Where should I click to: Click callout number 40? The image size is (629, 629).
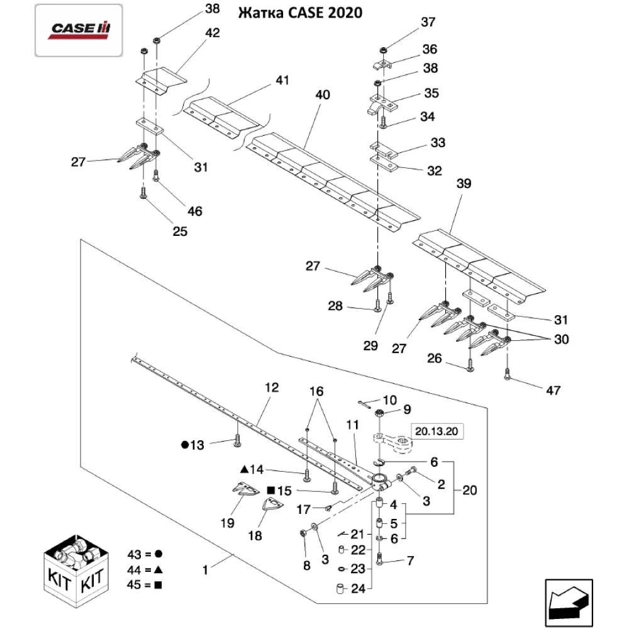tap(322, 95)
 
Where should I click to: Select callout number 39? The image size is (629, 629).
tap(464, 184)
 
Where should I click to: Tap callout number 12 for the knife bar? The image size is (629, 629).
tap(271, 388)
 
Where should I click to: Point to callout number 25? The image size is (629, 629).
tap(180, 231)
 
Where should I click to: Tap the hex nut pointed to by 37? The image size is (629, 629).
tap(384, 48)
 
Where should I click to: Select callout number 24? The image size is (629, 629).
tap(357, 589)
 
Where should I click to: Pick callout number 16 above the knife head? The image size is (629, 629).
tap(316, 391)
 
